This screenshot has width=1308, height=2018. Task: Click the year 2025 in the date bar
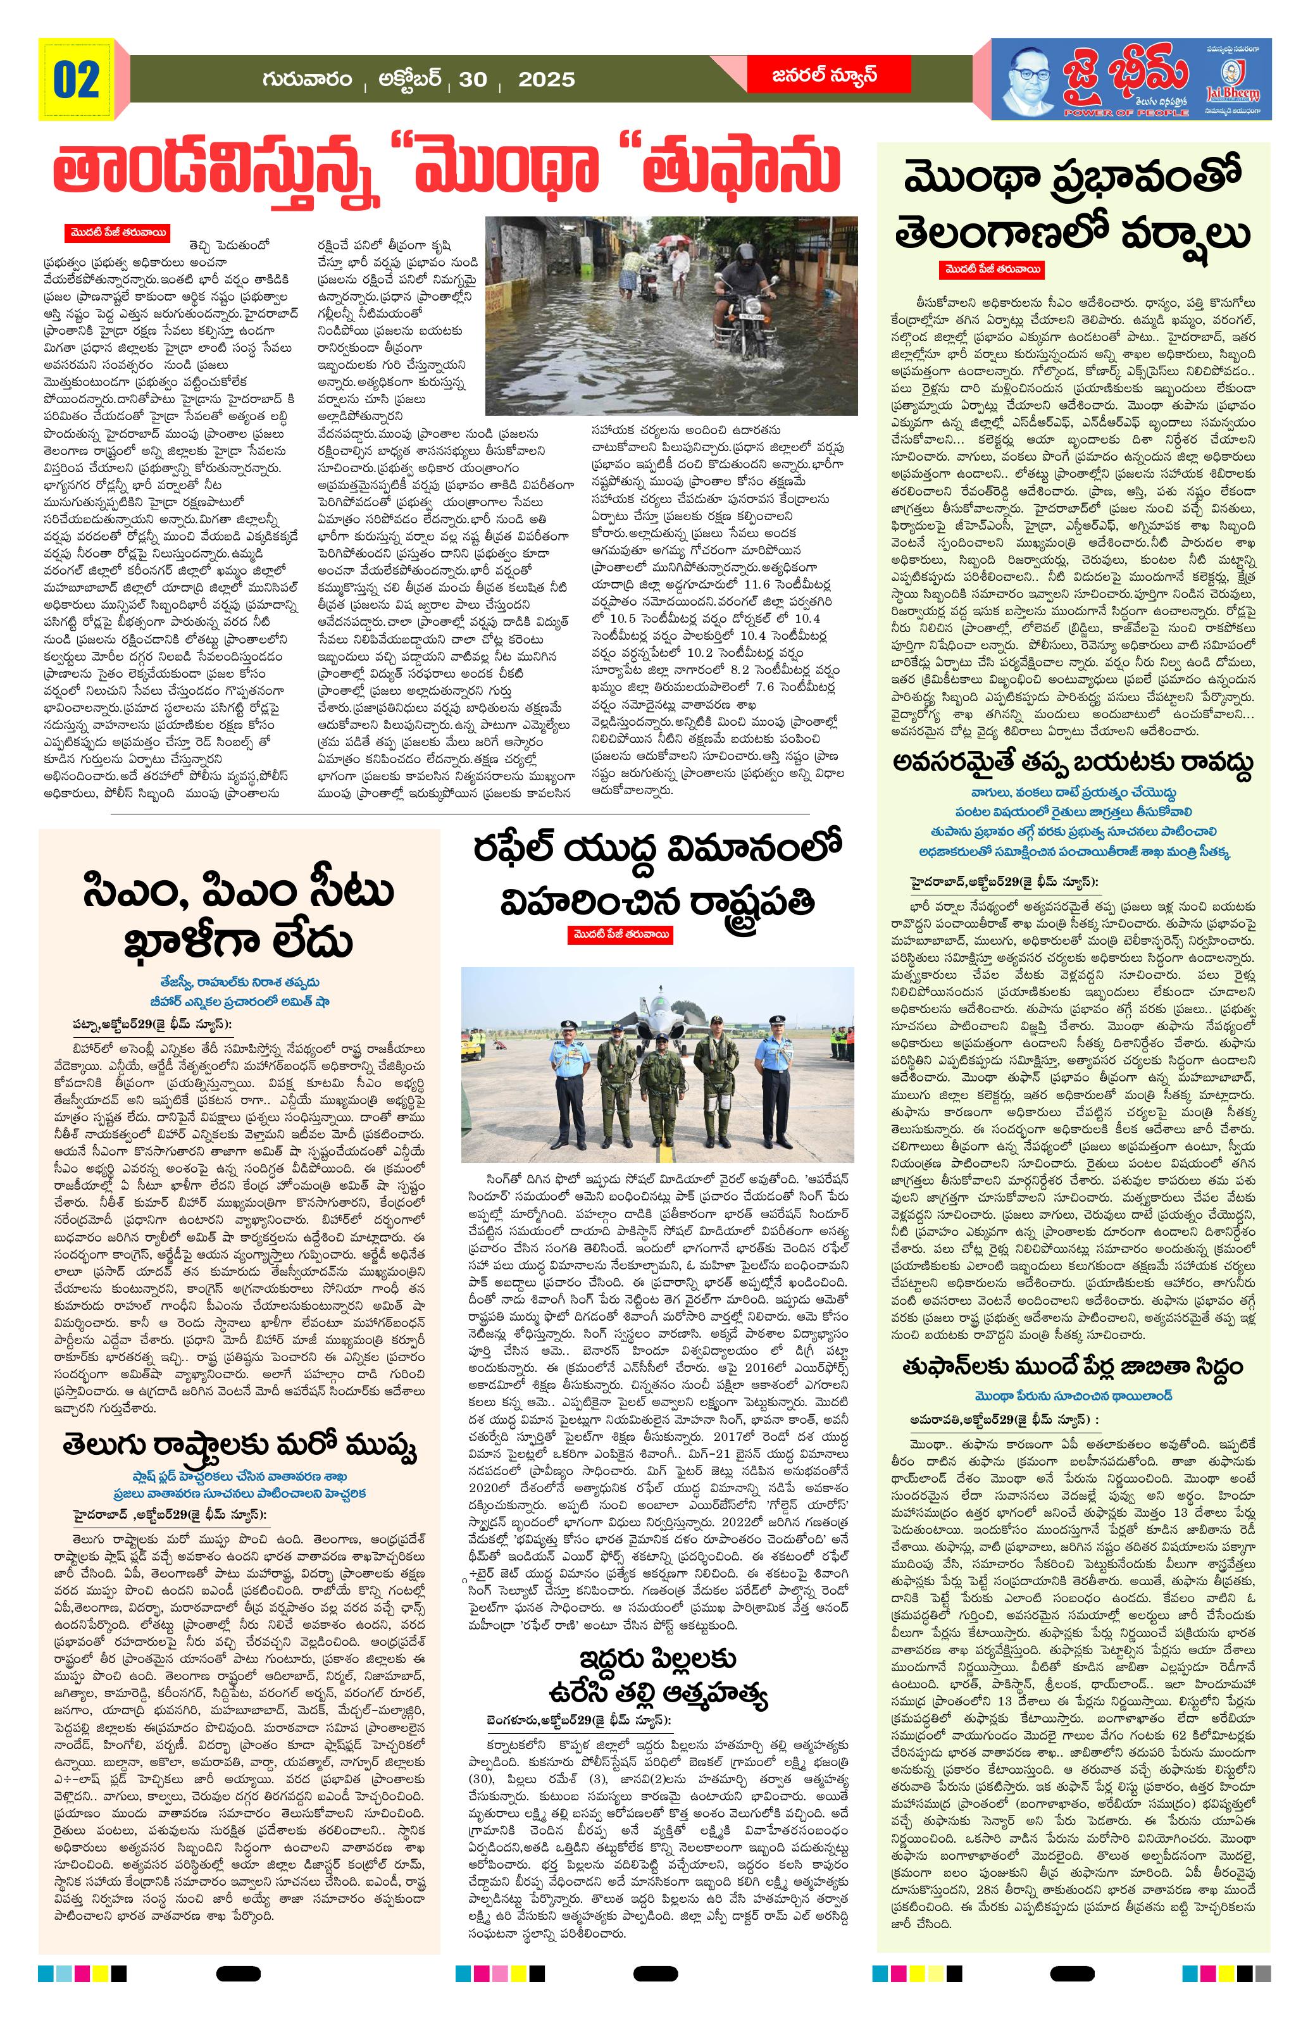(546, 80)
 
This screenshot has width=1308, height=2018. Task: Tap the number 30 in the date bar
(472, 80)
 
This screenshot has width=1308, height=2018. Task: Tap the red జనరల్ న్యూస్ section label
(824, 75)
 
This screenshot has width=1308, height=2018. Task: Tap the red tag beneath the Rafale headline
(621, 935)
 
